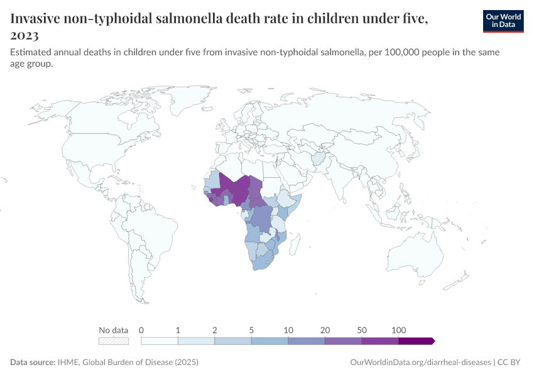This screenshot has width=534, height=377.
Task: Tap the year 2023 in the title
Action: coord(25,35)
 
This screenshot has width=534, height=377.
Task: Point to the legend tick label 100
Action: coord(398,330)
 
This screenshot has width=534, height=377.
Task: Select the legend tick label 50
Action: coord(362,330)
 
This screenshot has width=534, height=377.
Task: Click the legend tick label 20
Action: coord(325,330)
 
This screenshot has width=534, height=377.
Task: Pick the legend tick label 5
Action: coord(251,330)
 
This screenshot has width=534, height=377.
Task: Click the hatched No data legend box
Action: coord(114,341)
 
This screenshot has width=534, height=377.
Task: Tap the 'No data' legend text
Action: coord(114,330)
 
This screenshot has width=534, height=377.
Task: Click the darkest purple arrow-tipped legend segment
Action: coord(416,341)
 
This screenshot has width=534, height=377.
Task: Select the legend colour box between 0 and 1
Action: coord(160,341)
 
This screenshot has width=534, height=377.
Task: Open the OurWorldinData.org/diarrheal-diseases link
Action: coord(419,363)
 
